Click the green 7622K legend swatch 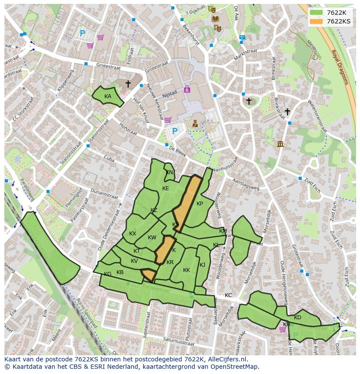click(316, 13)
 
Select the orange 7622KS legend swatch click(316, 21)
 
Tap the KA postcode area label click(108, 96)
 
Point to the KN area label click(170, 172)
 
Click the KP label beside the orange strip click(200, 204)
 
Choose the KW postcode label click(152, 238)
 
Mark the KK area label click(187, 270)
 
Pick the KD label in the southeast click(297, 318)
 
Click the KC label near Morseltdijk click(228, 295)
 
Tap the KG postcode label click(107, 274)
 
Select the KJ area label click(202, 265)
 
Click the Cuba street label click(109, 159)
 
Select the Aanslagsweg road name click(246, 184)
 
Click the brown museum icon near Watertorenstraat click(280, 144)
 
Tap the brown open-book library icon click(215, 19)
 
